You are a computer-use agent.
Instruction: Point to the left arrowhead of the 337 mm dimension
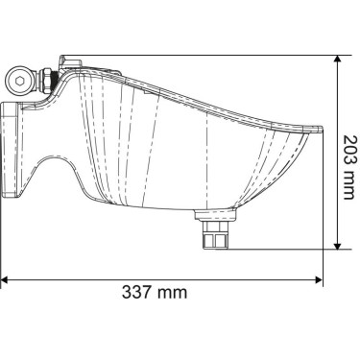[x=6, y=279]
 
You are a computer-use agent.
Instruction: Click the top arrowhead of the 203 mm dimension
[x=338, y=59]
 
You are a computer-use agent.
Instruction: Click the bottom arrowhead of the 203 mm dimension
[x=338, y=244]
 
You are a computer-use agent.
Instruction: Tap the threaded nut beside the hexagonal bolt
[x=42, y=80]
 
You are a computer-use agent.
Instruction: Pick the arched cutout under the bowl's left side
[x=54, y=173]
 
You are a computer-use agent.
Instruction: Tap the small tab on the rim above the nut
[x=60, y=64]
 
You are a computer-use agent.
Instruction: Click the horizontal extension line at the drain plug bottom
[x=278, y=249]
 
